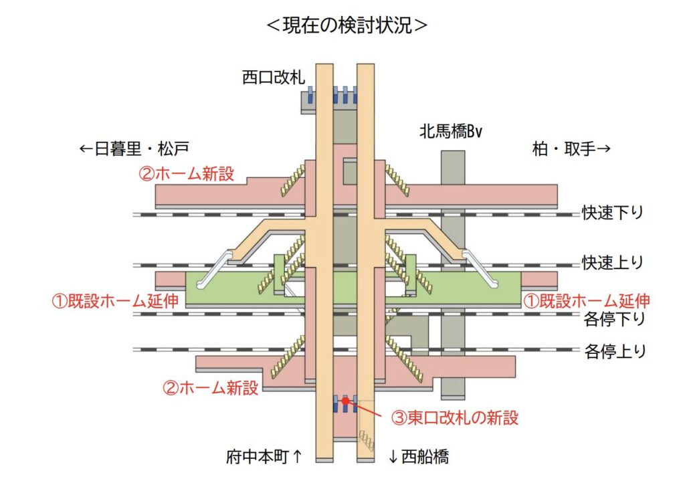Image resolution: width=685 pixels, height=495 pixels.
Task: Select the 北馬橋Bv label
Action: (x=451, y=131)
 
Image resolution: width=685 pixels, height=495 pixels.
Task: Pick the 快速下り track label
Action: (x=612, y=213)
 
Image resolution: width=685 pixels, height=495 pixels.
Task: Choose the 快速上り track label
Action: (x=612, y=263)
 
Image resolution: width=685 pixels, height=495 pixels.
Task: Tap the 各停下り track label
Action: (x=614, y=319)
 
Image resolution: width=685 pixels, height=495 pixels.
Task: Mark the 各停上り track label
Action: (x=614, y=351)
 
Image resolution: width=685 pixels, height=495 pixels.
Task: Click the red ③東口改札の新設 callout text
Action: (x=455, y=418)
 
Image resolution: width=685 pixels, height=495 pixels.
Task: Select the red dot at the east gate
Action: (x=345, y=401)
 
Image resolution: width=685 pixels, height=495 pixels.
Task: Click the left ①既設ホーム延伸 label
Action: (x=115, y=301)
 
